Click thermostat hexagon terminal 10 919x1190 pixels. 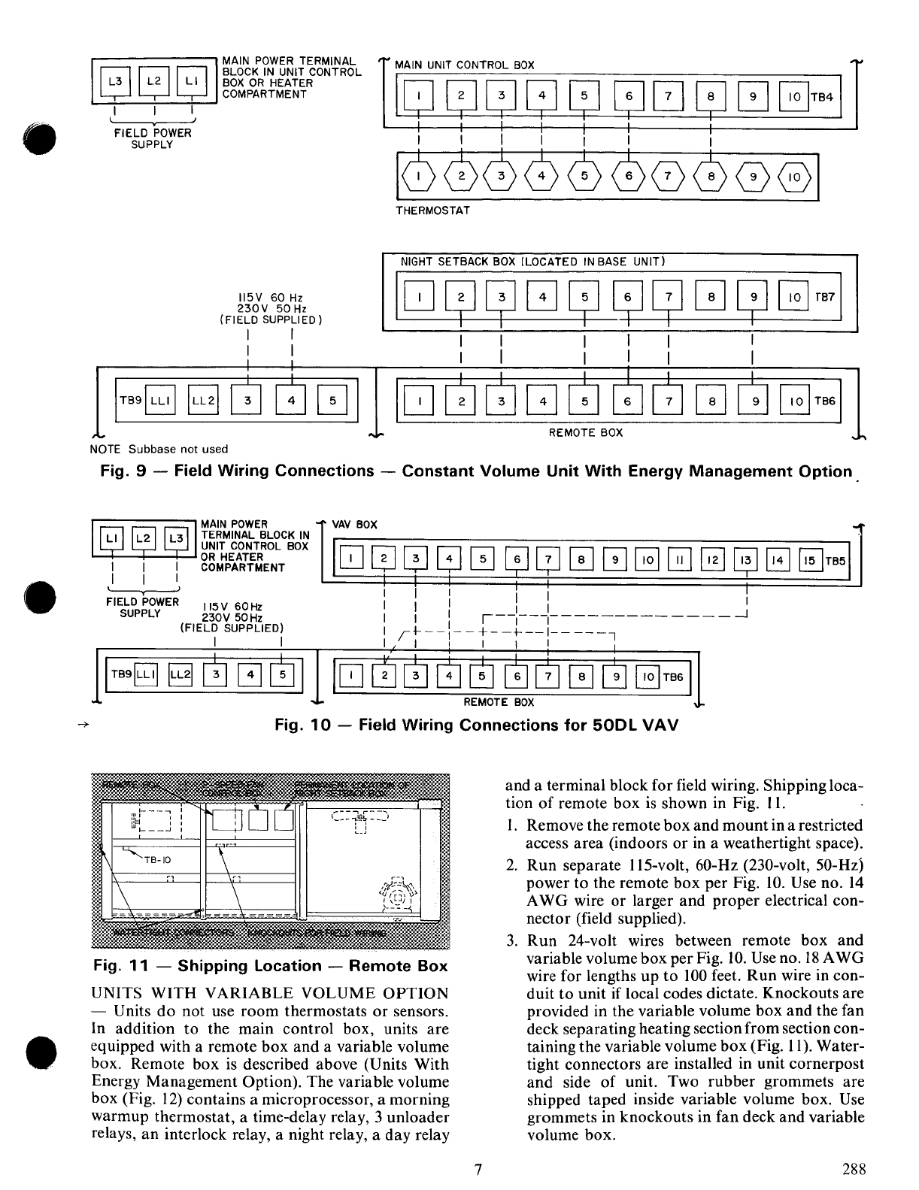click(x=794, y=177)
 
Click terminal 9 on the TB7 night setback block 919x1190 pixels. click(x=753, y=298)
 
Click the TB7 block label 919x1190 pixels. click(x=825, y=298)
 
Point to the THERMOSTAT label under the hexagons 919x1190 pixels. click(x=432, y=211)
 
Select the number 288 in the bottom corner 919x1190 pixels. click(x=854, y=1169)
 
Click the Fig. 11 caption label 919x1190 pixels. click(x=269, y=967)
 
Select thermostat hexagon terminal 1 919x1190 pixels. click(x=418, y=177)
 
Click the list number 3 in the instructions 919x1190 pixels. click(x=511, y=941)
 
